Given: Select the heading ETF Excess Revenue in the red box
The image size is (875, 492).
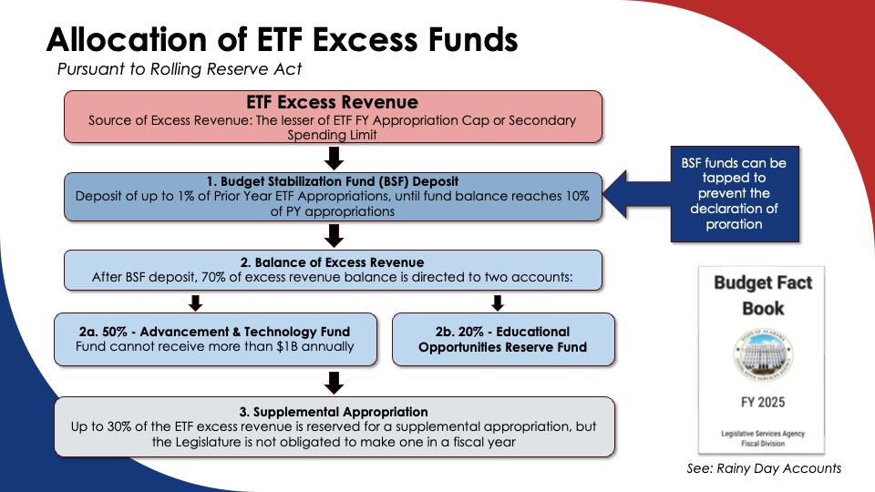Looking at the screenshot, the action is tap(333, 102).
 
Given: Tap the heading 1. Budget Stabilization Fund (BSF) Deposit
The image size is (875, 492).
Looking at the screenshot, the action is tap(333, 180).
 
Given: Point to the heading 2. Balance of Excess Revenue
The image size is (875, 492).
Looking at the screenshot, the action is tap(333, 262).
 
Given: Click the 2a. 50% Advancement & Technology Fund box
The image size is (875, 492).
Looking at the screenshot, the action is tap(215, 339).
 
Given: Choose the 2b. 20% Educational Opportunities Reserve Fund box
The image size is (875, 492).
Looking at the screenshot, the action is tap(503, 339).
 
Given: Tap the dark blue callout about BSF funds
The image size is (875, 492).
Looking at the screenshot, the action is tap(734, 194).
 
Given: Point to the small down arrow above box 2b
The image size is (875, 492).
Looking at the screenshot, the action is tap(498, 302).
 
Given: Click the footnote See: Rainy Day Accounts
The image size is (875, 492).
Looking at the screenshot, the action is tap(764, 468).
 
